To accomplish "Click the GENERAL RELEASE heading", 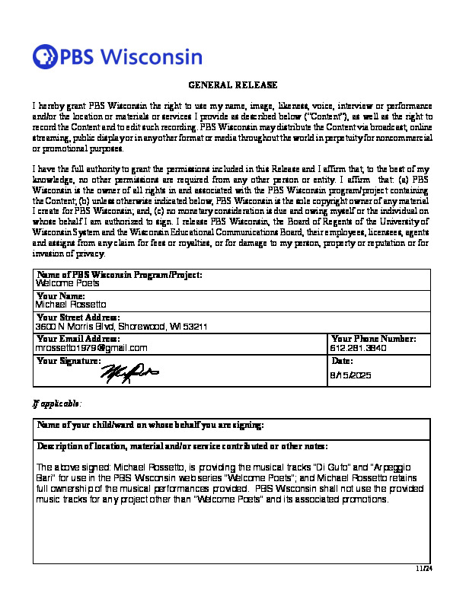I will [x=232, y=85].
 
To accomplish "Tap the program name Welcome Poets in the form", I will [x=68, y=282].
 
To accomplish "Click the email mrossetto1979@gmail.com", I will [x=91, y=348].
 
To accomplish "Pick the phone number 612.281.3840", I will [x=359, y=348].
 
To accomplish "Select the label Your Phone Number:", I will [x=374, y=338].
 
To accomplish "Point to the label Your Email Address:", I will [x=78, y=338].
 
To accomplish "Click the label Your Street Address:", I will [x=78, y=317].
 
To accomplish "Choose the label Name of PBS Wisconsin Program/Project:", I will [x=120, y=273].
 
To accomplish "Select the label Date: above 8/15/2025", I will [x=343, y=360].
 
